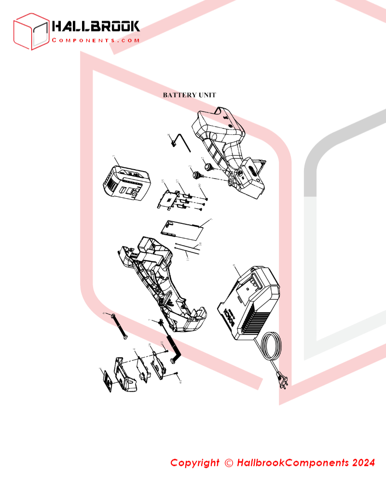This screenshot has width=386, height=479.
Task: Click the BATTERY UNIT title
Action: [189, 95]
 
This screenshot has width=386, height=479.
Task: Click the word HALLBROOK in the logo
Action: [96, 26]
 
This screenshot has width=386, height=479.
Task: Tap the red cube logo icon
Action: [31, 31]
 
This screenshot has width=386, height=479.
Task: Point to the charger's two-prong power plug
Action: [283, 382]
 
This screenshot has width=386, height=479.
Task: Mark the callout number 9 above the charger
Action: [234, 266]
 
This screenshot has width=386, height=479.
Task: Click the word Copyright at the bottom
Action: [194, 463]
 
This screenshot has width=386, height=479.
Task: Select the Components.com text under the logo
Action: [96, 41]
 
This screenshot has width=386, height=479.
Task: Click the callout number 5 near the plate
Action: [211, 220]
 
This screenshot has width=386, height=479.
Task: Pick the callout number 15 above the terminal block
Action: [163, 182]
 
